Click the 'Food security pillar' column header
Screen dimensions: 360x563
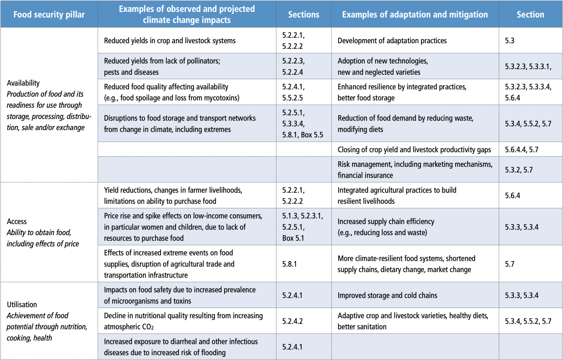coord(49,15)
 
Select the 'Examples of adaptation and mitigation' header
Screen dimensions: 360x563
coord(415,15)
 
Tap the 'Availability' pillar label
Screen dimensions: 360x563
coord(23,83)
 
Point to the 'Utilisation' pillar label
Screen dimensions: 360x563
coord(22,305)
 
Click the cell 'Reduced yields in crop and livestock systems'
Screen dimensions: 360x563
coord(170,41)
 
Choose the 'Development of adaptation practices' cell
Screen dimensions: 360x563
coord(392,41)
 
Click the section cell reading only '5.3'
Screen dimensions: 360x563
coord(509,41)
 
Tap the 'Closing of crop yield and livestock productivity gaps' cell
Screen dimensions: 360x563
coord(414,149)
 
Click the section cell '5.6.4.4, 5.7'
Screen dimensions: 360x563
coord(522,149)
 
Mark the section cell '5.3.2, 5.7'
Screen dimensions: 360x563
coord(519,170)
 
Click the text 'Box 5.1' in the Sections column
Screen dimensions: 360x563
coord(293,238)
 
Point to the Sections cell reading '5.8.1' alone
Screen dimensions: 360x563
coord(290,264)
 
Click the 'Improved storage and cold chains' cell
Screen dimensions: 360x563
coord(387,296)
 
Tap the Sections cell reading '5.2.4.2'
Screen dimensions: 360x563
coord(292,321)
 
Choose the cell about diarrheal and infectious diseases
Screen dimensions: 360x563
coord(181,347)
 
